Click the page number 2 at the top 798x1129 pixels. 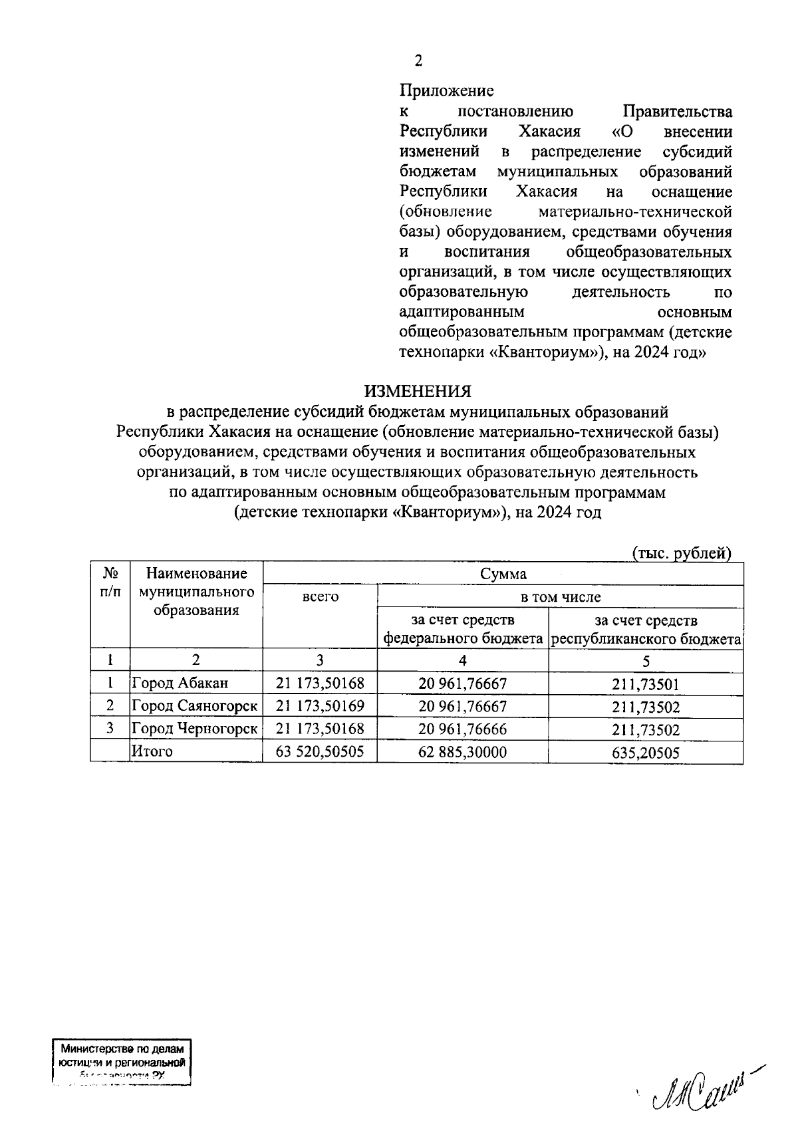[418, 61]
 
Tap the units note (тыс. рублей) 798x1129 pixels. [681, 553]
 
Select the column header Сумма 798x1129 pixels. [503, 574]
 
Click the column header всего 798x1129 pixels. [320, 596]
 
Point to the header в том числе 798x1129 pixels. [560, 596]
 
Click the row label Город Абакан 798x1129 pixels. [180, 683]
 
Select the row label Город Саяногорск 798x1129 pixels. [195, 705]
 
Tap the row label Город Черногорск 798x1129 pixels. [195, 729]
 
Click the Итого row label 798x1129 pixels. [152, 751]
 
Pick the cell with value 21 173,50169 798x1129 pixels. [320, 705]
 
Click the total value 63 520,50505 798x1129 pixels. [320, 751]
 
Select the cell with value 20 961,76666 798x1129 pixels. [462, 729]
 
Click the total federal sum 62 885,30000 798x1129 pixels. [462, 751]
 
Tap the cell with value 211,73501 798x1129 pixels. [646, 684]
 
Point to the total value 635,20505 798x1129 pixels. [646, 752]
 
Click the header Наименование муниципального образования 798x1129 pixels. [196, 592]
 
